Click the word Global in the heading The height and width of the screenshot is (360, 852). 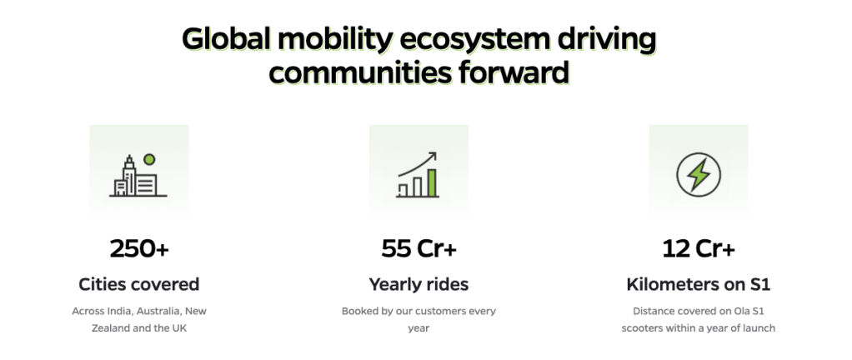tap(228, 39)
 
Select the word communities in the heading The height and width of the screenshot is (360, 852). tap(359, 72)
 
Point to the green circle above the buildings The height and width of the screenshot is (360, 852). tap(149, 159)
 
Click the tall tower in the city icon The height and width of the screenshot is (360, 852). tap(129, 175)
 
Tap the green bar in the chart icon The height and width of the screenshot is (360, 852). tap(432, 182)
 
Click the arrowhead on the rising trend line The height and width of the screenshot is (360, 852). tap(433, 156)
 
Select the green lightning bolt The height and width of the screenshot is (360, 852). tap(699, 175)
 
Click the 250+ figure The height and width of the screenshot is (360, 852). tap(140, 248)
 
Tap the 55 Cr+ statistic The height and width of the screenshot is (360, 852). tap(419, 248)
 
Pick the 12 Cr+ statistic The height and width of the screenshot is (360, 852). tap(699, 248)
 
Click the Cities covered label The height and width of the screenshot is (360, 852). tap(139, 284)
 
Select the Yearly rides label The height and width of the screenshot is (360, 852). tap(419, 284)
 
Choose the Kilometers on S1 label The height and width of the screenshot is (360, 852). tap(699, 284)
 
